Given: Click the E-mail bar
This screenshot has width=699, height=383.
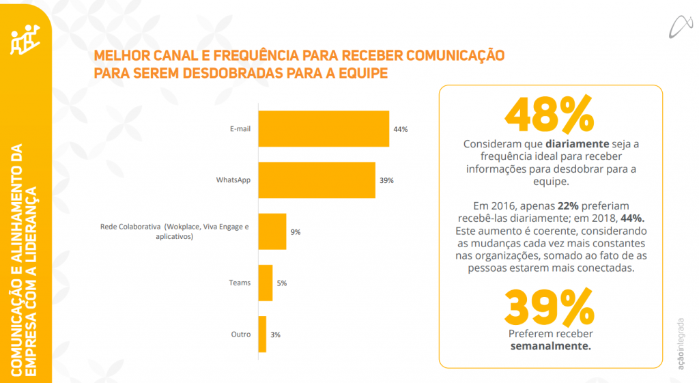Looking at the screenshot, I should (323, 128).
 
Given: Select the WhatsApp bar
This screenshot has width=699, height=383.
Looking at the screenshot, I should (316, 180).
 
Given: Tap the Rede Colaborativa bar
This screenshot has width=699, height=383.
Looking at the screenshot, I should (272, 231).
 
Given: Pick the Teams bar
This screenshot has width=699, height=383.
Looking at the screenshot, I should (265, 283).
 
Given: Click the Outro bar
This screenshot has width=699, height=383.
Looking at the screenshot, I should (262, 335).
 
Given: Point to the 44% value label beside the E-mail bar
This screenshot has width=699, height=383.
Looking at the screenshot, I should (400, 129).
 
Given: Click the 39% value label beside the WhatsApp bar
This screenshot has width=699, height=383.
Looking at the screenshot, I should (386, 180).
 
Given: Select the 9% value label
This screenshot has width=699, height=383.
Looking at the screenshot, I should (296, 232).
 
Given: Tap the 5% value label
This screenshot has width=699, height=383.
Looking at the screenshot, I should (282, 283).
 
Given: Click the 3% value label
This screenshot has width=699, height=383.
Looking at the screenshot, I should (275, 335).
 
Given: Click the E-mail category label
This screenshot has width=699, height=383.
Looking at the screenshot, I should (240, 129).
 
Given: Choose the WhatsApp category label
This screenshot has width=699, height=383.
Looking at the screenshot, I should (233, 180).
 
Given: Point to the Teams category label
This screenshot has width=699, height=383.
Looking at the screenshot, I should (240, 283).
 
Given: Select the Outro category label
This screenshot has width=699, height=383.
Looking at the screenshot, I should (241, 335).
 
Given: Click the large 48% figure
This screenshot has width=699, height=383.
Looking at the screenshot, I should (550, 114).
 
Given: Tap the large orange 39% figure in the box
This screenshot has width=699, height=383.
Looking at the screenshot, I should (550, 307).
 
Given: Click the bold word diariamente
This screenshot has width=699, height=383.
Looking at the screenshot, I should (577, 145).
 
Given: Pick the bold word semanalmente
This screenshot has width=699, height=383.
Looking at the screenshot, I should (550, 346).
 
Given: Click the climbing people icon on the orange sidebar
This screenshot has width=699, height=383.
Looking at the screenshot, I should (25, 40).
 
